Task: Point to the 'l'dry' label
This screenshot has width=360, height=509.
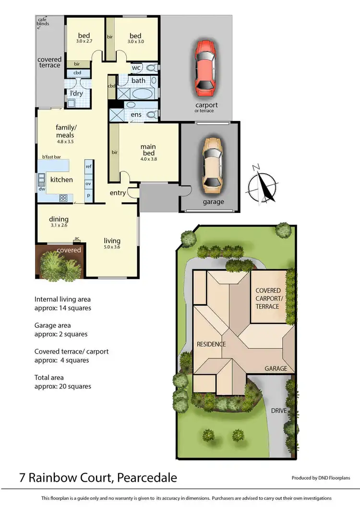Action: click(76, 93)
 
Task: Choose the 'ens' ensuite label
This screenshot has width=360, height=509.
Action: click(136, 115)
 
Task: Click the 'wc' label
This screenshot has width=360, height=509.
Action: click(136, 68)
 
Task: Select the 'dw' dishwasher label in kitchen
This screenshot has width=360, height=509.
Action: click(42, 189)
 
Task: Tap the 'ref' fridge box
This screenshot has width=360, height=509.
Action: click(88, 166)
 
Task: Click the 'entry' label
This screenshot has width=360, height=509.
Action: click(118, 193)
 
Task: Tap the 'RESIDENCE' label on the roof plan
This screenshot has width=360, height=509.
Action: click(211, 344)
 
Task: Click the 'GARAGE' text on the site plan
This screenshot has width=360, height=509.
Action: click(276, 368)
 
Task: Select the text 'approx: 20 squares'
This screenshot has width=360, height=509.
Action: click(63, 386)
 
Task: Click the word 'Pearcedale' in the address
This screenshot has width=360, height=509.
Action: click(142, 478)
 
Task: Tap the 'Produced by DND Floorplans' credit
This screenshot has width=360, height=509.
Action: click(321, 478)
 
